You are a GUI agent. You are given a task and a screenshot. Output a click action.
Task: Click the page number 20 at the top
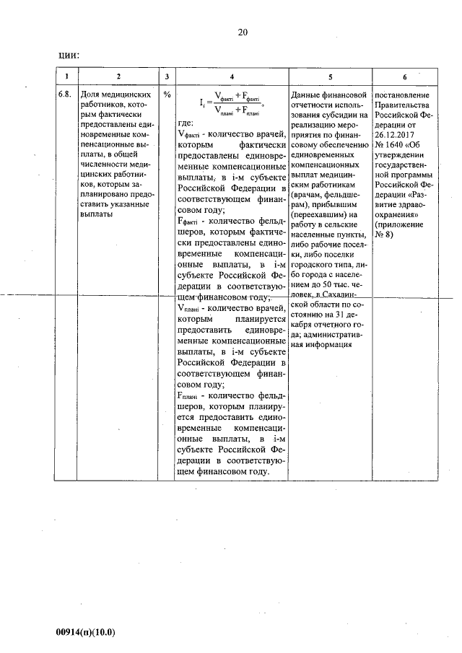pyautogui.click(x=242, y=32)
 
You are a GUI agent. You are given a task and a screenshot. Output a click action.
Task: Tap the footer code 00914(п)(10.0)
pyautogui.click(x=86, y=632)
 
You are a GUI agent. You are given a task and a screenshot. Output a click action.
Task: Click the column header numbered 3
pyautogui.click(x=166, y=76)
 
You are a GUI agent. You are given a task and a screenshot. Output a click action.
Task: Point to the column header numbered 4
pyautogui.click(x=232, y=76)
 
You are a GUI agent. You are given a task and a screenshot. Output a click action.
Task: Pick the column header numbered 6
pyautogui.click(x=405, y=76)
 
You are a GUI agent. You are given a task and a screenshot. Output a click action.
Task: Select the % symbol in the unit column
pyautogui.click(x=167, y=94)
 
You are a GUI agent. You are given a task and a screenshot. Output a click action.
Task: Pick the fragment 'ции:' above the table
pyautogui.click(x=68, y=55)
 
